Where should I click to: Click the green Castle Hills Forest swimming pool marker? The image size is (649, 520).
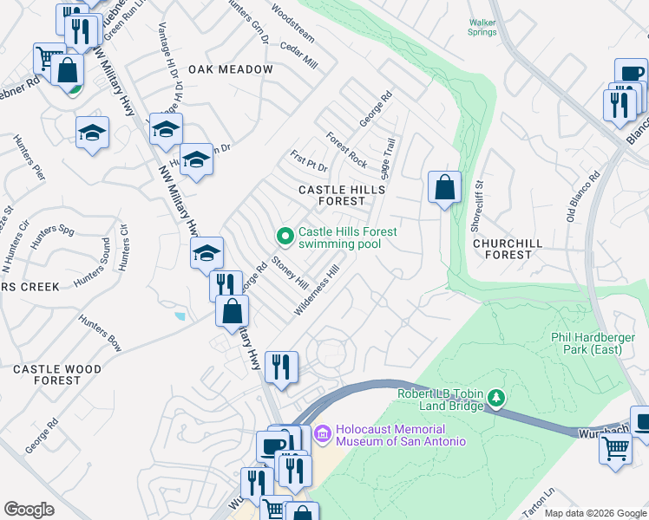[284, 236]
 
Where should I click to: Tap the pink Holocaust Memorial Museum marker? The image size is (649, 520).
[322, 432]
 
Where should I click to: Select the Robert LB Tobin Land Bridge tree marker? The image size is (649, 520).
[496, 399]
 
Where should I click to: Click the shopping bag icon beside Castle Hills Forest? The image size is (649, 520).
[444, 187]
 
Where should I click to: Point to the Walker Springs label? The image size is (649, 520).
[482, 29]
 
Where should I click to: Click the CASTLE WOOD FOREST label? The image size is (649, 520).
[58, 374]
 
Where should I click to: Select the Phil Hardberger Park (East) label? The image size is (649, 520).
[598, 343]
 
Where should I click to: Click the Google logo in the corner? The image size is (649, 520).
[29, 509]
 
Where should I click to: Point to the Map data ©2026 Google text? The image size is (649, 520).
[594, 513]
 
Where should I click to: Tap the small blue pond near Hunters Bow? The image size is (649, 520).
[179, 316]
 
